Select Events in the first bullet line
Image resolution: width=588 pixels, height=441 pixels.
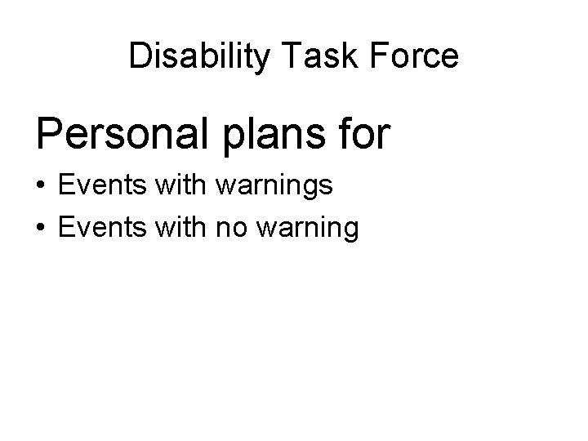coord(99,187)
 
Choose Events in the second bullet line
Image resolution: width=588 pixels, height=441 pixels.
coord(99,228)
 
